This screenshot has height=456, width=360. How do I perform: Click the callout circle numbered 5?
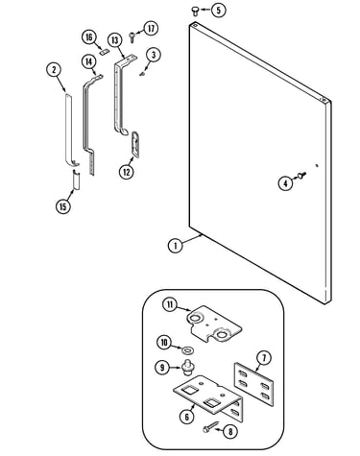pos(218,10)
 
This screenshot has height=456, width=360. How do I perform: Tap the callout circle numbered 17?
pos(151,29)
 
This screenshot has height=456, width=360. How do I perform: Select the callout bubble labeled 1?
pos(175,246)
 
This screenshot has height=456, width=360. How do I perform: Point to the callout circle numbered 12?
pos(127,172)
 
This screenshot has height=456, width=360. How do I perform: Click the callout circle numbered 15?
pos(62,206)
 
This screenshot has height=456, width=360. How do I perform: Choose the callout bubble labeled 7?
pos(264,358)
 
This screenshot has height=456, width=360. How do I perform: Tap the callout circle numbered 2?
pos(54,70)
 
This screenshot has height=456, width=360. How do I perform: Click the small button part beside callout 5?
pos(195,12)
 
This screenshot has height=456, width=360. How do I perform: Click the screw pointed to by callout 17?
pos(132,36)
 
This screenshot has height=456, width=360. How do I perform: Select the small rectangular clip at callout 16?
pos(104,52)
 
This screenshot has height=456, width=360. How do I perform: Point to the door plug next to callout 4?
pos(301,175)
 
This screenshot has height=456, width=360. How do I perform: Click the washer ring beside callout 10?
pos(186,350)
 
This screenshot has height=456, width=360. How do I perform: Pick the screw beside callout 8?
pos(210,428)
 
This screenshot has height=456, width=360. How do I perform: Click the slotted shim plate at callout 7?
pos(253,384)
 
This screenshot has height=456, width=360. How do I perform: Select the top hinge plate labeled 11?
pos(214,325)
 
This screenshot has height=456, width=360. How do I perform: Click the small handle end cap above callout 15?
pos(76,180)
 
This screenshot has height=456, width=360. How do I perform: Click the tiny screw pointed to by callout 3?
pos(142,74)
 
